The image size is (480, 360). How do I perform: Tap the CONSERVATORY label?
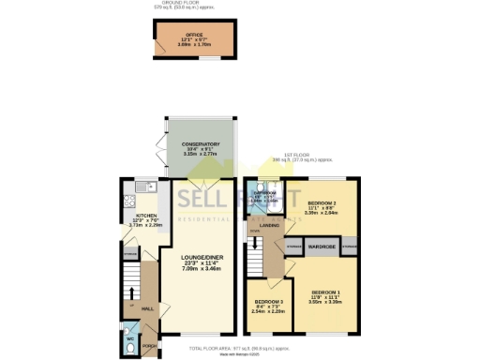pos(194,146)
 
